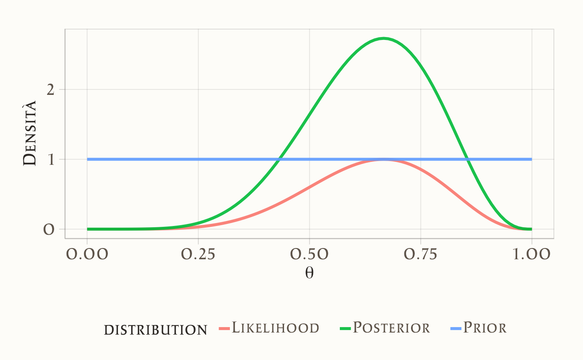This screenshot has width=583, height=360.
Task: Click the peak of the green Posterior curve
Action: (x=384, y=38)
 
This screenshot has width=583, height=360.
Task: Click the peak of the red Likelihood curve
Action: (x=384, y=160)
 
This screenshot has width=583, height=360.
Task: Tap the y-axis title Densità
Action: (x=30, y=133)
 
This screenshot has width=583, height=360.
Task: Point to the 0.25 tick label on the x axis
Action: (x=198, y=254)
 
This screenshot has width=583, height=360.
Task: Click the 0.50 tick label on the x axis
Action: (x=309, y=254)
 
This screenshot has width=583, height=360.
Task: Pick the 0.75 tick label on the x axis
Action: (x=421, y=254)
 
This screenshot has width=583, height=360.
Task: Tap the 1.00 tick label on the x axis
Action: (x=532, y=254)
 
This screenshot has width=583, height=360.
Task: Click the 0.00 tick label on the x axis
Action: (x=87, y=254)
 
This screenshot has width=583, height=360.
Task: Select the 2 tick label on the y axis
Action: (x=51, y=89)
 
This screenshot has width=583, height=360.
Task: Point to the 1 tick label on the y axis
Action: (x=51, y=159)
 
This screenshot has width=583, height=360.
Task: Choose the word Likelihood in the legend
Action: (x=275, y=328)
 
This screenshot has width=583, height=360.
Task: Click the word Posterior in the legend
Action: (x=391, y=328)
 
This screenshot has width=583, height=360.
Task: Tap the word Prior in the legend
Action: (x=485, y=328)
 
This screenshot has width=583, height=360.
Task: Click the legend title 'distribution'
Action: (x=155, y=330)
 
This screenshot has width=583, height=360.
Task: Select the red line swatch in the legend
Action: (x=224, y=329)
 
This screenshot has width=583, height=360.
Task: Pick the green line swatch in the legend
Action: (x=345, y=329)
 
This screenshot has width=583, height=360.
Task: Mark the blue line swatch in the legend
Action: (x=456, y=329)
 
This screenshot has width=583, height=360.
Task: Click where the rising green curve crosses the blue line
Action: (x=279, y=159)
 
